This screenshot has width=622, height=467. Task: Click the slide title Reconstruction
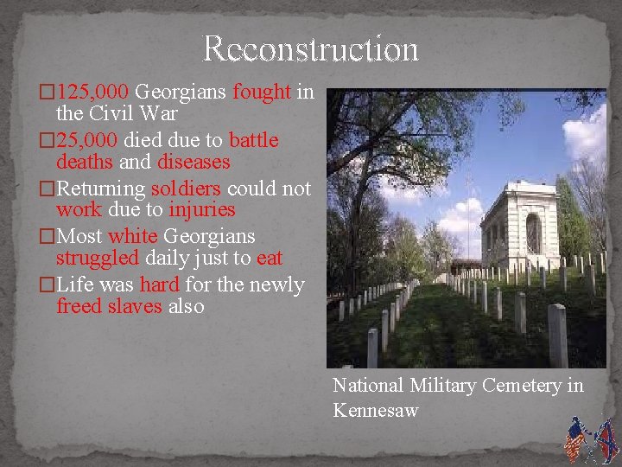(310, 49)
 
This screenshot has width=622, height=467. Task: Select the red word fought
(262, 92)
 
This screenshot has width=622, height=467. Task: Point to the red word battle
(254, 140)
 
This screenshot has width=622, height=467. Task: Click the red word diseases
(194, 163)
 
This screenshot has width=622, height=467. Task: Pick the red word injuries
(202, 210)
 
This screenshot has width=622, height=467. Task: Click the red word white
(132, 236)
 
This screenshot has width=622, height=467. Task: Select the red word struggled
(96, 259)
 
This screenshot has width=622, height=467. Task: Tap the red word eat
(270, 259)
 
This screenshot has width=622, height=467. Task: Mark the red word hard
(160, 285)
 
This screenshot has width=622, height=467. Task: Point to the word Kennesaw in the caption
(376, 410)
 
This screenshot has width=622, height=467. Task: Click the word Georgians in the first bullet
(181, 92)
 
